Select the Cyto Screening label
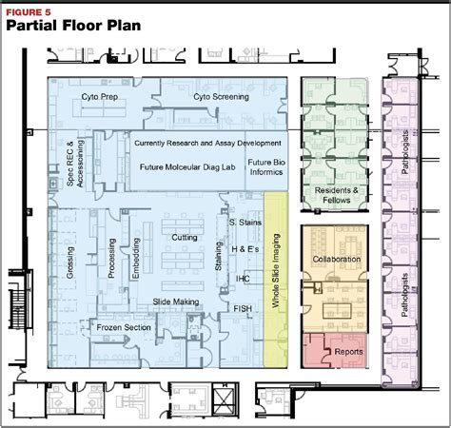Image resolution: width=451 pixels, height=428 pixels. pyautogui.click(x=221, y=96)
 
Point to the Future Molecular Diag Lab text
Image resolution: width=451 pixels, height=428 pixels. pyautogui.click(x=187, y=165)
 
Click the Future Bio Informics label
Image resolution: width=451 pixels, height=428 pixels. pyautogui.click(x=265, y=167)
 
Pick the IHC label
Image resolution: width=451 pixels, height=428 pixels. pyautogui.click(x=244, y=282)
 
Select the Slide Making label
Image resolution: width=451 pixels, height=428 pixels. pyautogui.click(x=175, y=302)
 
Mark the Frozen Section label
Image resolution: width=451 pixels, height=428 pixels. pyautogui.click(x=123, y=327)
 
